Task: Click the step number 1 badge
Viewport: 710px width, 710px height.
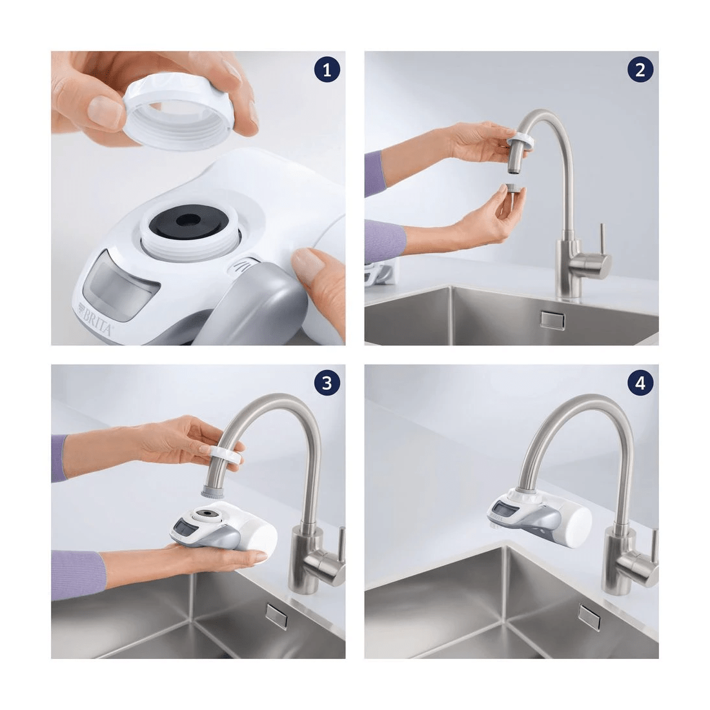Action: (328, 70)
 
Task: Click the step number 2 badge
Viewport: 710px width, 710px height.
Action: (640, 70)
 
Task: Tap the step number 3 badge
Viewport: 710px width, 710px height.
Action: (328, 382)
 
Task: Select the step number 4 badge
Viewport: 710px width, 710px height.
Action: (640, 382)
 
